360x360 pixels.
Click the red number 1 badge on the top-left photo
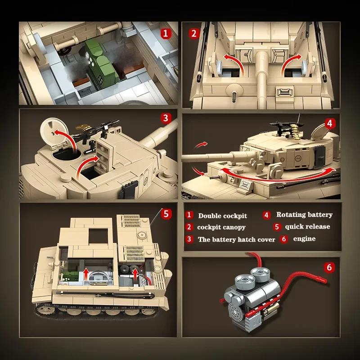(166, 33)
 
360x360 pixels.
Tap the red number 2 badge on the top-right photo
(194, 33)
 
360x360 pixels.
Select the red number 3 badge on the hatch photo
(166, 118)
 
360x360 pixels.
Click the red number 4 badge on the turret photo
(330, 123)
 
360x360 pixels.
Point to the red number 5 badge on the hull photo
(166, 213)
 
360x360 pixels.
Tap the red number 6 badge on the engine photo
(330, 268)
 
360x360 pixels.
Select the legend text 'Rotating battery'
(304, 215)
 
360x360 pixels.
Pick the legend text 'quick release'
(307, 226)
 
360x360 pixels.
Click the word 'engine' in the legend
(304, 238)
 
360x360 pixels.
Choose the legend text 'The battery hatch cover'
(236, 239)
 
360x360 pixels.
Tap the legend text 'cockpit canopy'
(221, 227)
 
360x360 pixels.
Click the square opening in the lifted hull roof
(99, 237)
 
